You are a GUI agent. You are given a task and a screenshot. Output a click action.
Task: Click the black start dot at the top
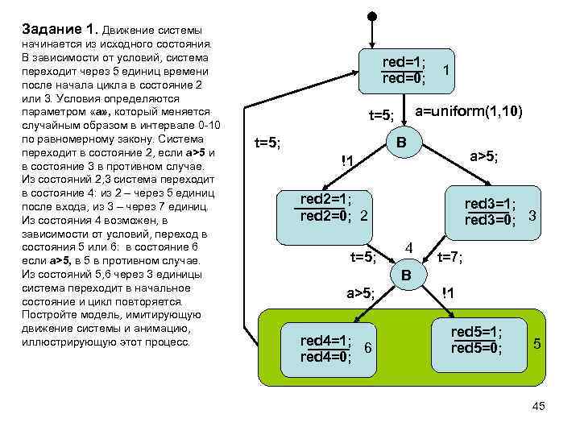pyautogui.click(x=371, y=16)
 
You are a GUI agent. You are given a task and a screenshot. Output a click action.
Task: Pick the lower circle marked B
pyautogui.click(x=406, y=275)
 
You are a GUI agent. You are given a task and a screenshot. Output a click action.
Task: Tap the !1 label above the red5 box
pyautogui.click(x=450, y=293)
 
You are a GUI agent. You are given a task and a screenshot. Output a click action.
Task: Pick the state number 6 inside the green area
pyautogui.click(x=367, y=347)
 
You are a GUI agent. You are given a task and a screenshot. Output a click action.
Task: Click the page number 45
pyautogui.click(x=539, y=406)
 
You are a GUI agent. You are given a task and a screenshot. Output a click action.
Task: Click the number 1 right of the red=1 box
pyautogui.click(x=445, y=71)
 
